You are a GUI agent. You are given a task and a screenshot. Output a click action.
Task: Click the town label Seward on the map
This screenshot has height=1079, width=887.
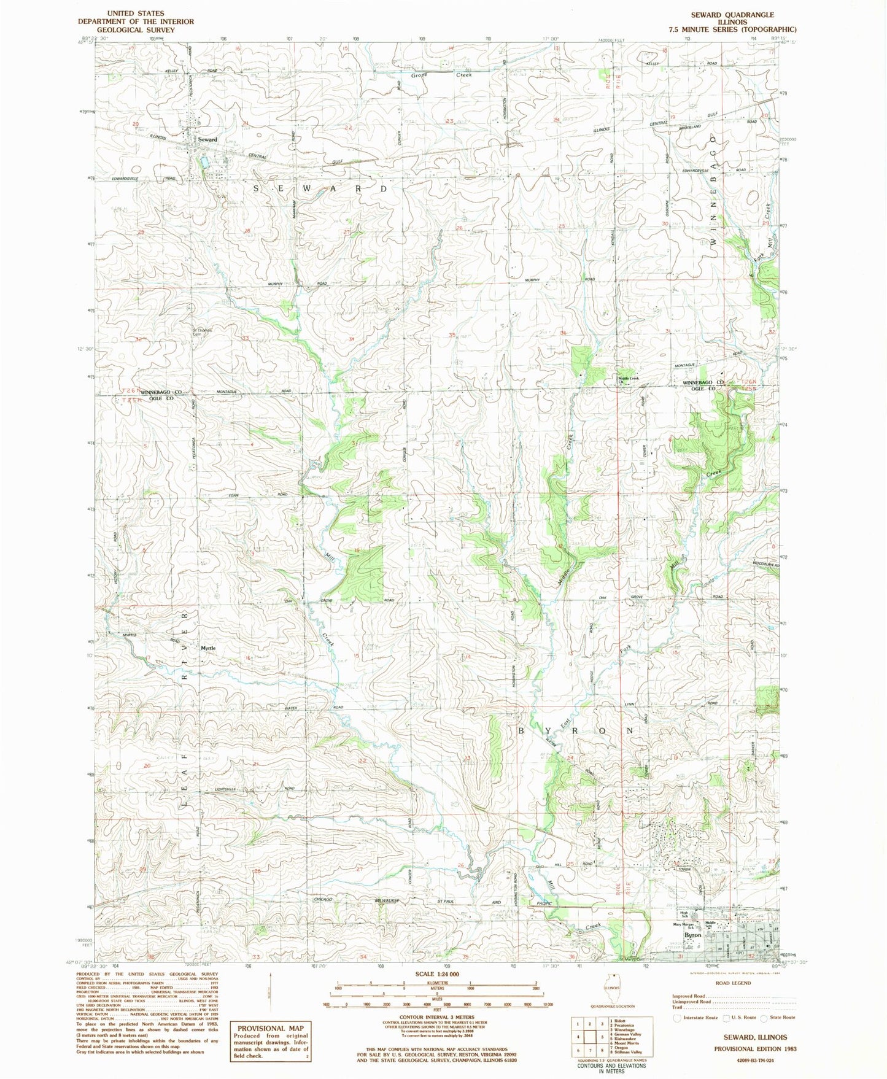click(x=207, y=139)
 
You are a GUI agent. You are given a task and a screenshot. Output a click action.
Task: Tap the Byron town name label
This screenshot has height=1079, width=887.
click(x=692, y=935)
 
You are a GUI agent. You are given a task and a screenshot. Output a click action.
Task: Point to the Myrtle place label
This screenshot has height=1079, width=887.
click(x=208, y=648)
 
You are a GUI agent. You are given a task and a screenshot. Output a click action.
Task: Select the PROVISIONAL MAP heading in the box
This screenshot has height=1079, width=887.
click(x=270, y=1029)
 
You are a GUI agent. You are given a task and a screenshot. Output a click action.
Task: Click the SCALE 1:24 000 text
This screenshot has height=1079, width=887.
click(x=436, y=991)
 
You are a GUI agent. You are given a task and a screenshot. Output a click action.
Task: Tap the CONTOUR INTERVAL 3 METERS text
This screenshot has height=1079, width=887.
click(x=435, y=1017)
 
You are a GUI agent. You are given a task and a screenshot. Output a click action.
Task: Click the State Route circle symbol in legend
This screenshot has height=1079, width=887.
click(x=764, y=1018)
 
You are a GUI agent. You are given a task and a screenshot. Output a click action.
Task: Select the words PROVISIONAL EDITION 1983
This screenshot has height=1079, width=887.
click(x=755, y=1049)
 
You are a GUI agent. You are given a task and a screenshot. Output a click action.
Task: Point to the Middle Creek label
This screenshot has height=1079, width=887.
click(x=629, y=378)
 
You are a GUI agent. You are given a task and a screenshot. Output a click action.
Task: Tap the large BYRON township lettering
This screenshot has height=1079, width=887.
click(x=576, y=731)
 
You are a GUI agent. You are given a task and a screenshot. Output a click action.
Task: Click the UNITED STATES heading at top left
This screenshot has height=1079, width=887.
click(x=135, y=13)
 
